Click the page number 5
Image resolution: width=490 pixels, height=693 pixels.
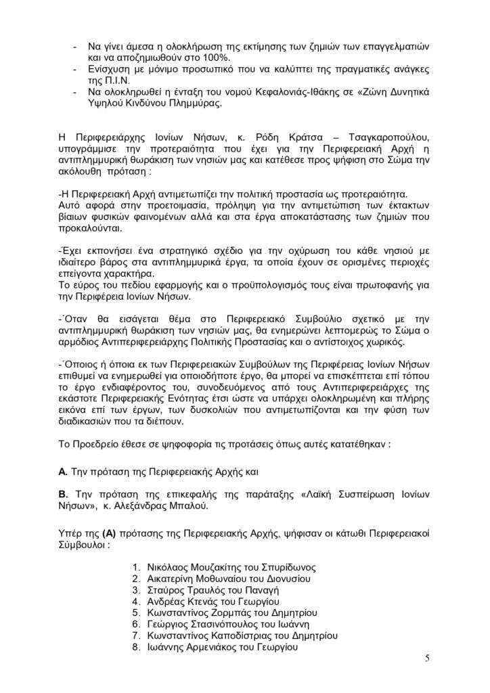pyautogui.click(x=427, y=659)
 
